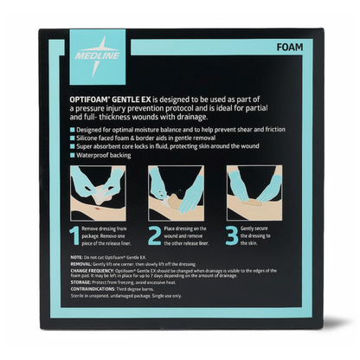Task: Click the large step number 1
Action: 76,235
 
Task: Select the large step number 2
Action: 154,235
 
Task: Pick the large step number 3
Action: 233,235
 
